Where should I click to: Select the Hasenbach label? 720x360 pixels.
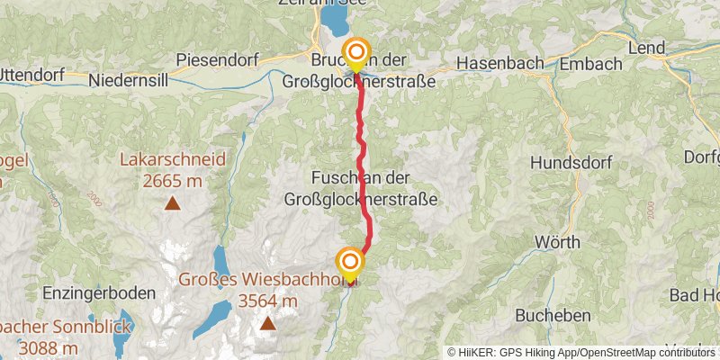coord(499,64)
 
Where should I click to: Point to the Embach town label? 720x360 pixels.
coord(590,64)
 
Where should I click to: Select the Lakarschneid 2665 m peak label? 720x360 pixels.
coord(172,170)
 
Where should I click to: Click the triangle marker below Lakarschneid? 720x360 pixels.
coord(172,202)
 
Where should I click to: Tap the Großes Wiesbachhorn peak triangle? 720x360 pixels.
coord(266,323)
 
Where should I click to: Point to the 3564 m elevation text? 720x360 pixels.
coord(266,301)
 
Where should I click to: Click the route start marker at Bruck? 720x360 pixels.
coord(356,53)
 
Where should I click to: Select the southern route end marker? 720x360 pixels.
coord(349,264)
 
